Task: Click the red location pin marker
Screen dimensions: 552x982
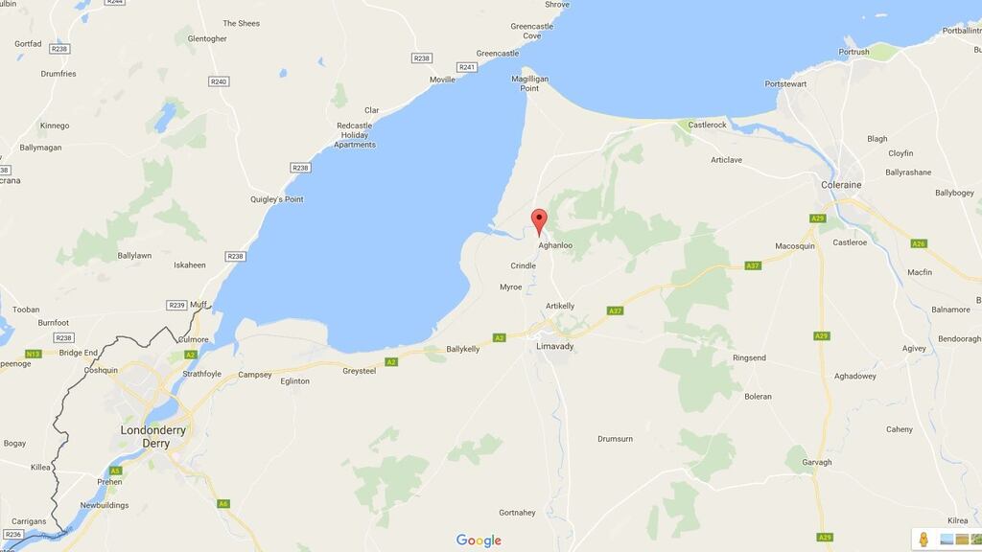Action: point(539,220)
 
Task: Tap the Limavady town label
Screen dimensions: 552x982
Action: point(555,346)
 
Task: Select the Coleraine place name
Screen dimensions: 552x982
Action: point(841,185)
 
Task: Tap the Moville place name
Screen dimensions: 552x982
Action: point(442,80)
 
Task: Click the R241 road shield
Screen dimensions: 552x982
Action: point(467,67)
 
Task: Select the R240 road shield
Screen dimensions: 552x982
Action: point(219,81)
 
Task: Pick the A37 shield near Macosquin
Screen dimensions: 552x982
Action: point(755,265)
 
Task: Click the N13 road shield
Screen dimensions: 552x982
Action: point(34,354)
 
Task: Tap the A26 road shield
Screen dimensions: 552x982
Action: point(919,243)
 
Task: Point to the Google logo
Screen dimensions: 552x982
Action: point(479,540)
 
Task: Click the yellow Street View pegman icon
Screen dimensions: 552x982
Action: point(924,539)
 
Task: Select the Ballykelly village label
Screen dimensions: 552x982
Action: point(464,349)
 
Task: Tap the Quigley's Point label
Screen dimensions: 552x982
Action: point(276,199)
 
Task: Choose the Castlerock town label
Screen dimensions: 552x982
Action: point(708,125)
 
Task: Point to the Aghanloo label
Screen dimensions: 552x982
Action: point(555,245)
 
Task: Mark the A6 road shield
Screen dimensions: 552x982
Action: point(223,503)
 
